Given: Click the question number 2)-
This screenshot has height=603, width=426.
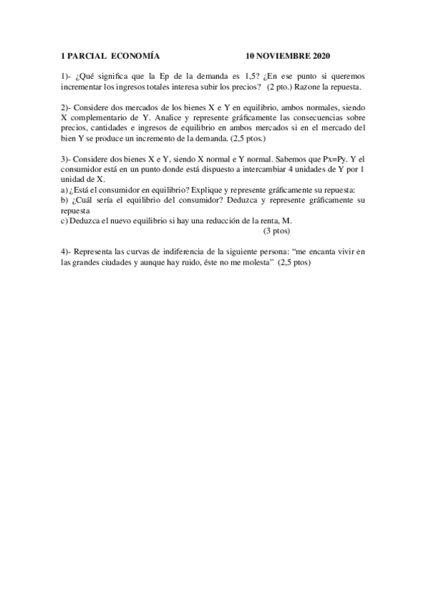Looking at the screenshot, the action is click(x=66, y=107).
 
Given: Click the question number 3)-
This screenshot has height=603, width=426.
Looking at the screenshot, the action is click(x=66, y=160).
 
